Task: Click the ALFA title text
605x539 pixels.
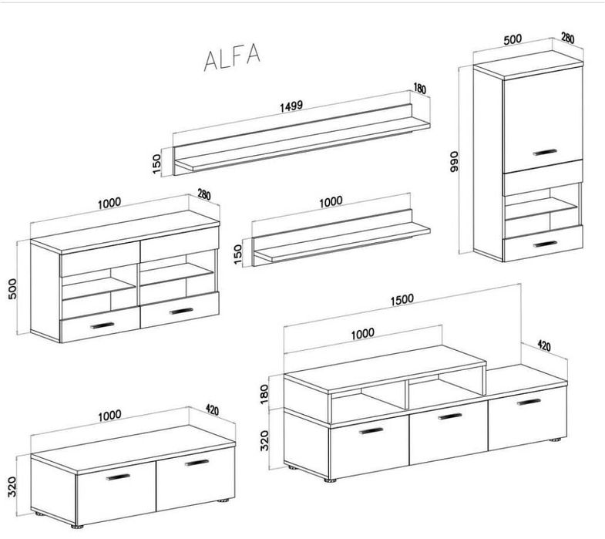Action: [x=232, y=57]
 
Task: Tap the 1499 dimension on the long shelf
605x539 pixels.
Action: [x=291, y=106]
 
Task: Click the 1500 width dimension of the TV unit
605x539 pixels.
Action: [x=402, y=300]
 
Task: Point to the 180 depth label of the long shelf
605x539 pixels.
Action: [x=420, y=89]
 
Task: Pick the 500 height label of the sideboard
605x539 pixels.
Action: [x=12, y=288]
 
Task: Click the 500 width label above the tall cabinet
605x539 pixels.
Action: [x=513, y=39]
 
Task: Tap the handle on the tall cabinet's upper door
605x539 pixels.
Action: [x=545, y=152]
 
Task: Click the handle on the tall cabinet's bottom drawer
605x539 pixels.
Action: [x=545, y=244]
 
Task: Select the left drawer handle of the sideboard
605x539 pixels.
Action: [x=103, y=325]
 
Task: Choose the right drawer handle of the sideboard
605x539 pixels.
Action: [x=181, y=311]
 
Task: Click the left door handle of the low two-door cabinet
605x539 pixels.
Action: [x=118, y=477]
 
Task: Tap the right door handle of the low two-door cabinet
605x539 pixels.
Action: [x=197, y=463]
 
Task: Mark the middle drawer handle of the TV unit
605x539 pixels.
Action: [x=450, y=416]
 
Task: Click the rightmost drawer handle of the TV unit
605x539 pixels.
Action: [x=529, y=402]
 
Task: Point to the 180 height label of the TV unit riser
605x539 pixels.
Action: [x=264, y=394]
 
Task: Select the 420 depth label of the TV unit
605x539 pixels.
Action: [x=544, y=346]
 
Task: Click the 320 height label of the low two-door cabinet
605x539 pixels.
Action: [x=12, y=487]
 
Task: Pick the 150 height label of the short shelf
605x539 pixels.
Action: [x=238, y=254]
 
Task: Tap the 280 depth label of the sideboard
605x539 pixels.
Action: [x=204, y=194]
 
